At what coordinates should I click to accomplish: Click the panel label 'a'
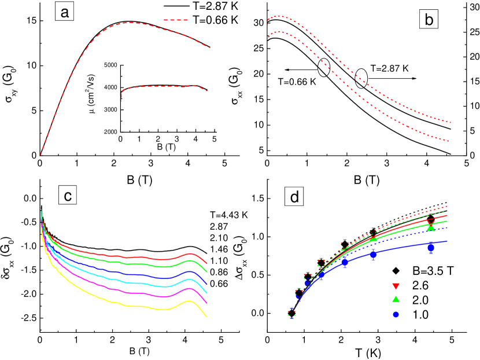(65, 11)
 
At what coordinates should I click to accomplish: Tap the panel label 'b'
(429, 20)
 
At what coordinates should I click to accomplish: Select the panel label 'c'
(68, 196)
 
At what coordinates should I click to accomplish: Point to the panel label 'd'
(295, 197)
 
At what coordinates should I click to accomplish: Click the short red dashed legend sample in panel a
(176, 20)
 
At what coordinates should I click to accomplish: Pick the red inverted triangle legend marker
(396, 286)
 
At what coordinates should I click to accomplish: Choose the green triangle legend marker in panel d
(396, 299)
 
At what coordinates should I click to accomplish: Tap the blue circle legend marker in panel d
(396, 314)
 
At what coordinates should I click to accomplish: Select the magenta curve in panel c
(116, 289)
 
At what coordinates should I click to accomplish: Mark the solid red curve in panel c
(116, 255)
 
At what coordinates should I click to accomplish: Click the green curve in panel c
(116, 261)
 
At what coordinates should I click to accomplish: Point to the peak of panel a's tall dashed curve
(130, 23)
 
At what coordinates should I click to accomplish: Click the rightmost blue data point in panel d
(431, 247)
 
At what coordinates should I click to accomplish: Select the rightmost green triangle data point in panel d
(431, 228)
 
